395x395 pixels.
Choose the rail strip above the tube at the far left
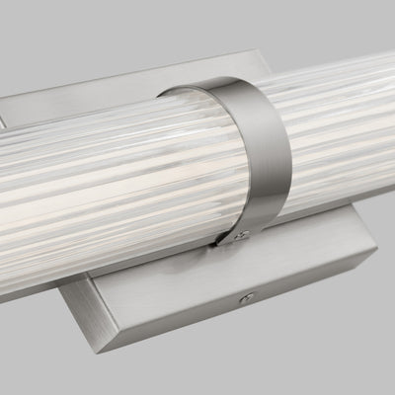point(20,99)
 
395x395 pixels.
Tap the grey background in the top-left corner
point(30,30)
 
